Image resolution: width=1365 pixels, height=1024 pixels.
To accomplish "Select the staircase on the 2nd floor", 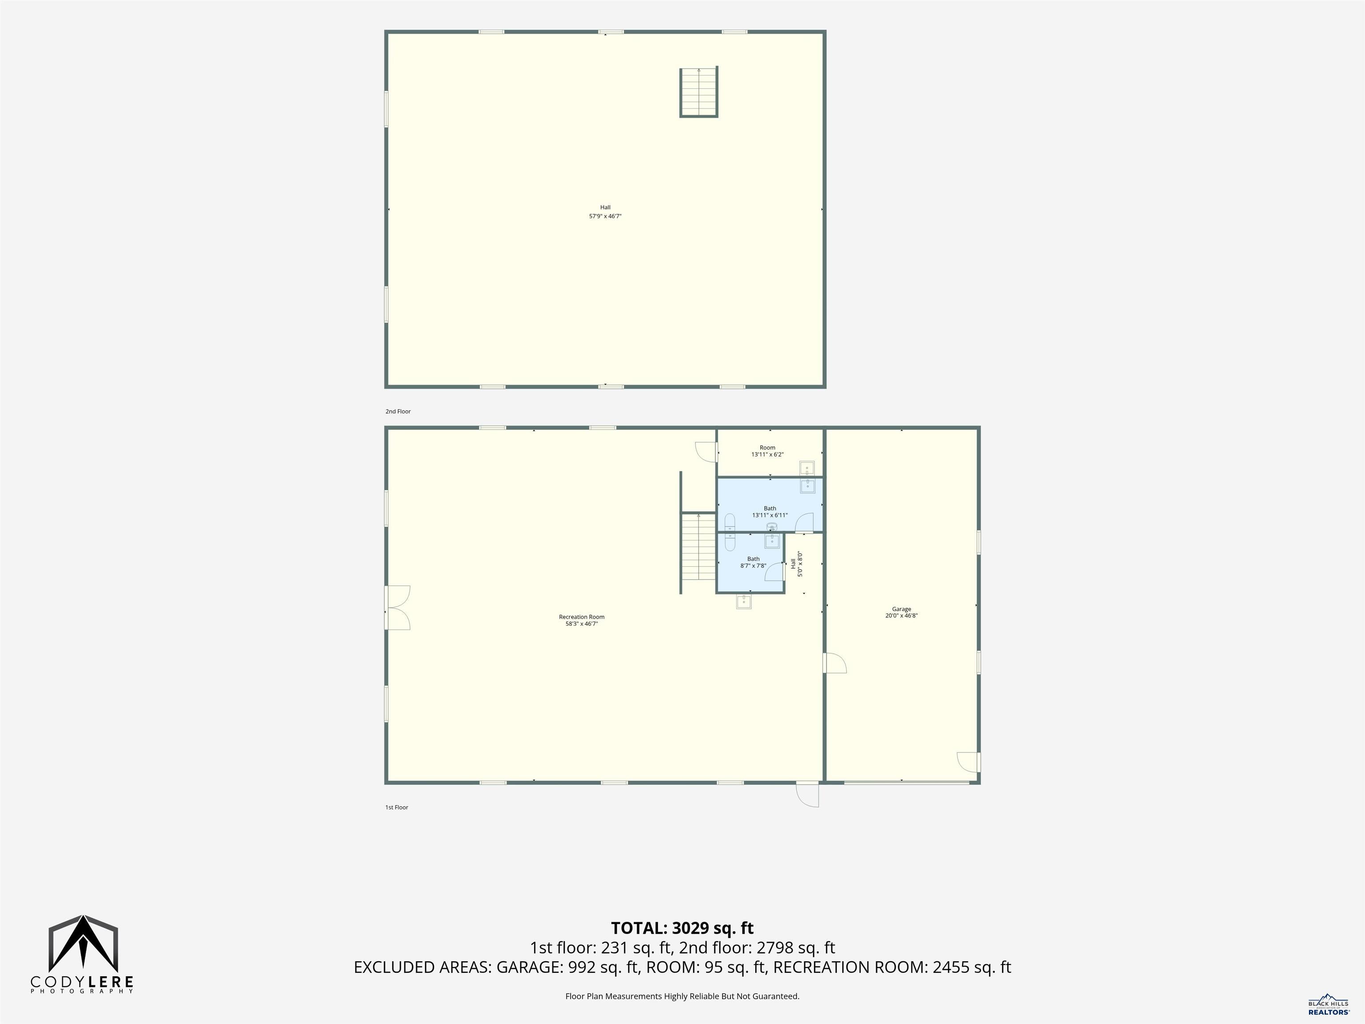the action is [698, 92].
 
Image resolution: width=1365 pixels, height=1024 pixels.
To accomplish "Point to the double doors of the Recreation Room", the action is [397, 608].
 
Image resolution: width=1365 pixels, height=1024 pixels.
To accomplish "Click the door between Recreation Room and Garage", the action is [834, 663].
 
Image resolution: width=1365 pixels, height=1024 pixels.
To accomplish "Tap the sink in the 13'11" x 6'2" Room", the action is [807, 469].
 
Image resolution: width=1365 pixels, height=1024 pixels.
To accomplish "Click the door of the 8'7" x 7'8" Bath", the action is [774, 572].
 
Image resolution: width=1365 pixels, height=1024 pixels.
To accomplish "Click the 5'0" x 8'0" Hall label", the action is [797, 564].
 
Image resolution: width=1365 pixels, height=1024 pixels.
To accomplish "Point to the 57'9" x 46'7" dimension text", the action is [605, 216].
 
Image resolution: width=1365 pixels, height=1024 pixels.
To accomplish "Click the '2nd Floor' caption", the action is [398, 411].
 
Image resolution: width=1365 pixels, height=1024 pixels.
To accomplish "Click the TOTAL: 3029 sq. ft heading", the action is [682, 928].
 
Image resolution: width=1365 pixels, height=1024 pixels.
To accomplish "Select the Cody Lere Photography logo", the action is [82, 954].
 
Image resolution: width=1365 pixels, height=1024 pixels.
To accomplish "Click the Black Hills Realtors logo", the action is [1329, 1004].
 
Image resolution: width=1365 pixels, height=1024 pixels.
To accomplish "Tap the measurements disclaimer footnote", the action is [682, 996].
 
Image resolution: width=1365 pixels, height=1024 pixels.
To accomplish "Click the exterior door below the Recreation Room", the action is [807, 794].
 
